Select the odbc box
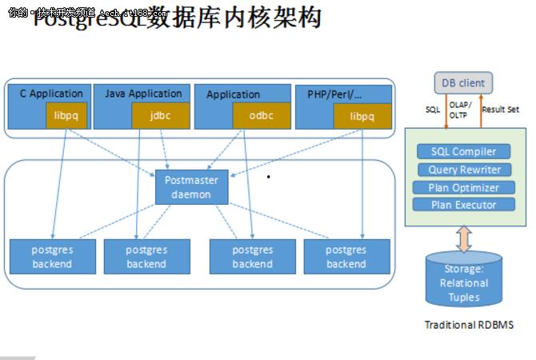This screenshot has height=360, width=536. pos(261,116)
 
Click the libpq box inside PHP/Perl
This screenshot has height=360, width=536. pos(362,116)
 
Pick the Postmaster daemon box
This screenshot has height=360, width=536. pos(191,186)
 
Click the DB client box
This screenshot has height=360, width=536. pos(463,83)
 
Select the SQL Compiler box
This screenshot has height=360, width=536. pos(464,151)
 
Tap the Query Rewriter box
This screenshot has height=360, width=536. pos(464,170)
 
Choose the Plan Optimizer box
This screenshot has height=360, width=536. pos(464,187)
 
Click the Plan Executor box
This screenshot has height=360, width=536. pos(464,205)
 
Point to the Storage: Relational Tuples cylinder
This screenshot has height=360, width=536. pos(464,282)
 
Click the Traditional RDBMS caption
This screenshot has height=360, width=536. pos(469,325)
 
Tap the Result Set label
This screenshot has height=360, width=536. pos(500,110)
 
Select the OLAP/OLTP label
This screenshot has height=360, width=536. pos(460,110)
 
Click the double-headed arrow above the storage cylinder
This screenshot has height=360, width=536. pos(464,238)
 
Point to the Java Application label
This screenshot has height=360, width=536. pos(143,94)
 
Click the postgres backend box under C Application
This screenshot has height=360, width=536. pos(52,257)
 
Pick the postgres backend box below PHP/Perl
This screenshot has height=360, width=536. pos(346,257)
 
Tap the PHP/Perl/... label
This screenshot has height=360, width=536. pos(334,94)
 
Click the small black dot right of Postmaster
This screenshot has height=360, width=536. pos(269,177)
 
